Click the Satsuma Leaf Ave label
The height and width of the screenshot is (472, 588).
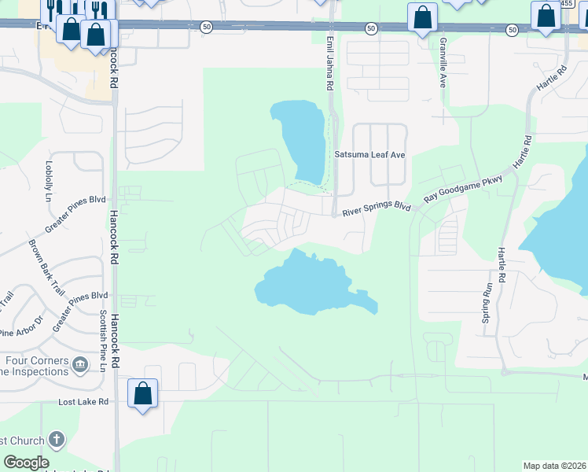pyautogui.click(x=369, y=155)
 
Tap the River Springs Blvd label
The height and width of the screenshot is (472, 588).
pyautogui.click(x=377, y=209)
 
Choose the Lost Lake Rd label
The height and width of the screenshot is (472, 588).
pyautogui.click(x=83, y=402)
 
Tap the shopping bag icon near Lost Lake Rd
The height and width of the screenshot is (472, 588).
pyautogui.click(x=142, y=393)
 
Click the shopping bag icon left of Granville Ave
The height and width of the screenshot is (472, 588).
pyautogui.click(x=422, y=17)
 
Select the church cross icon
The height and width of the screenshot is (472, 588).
pyautogui.click(x=56, y=439)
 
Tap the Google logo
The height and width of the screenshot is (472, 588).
pyautogui.click(x=26, y=463)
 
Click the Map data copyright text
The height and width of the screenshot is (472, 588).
pyautogui.click(x=554, y=466)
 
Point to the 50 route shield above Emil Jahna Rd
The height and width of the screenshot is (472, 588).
pyautogui.click(x=370, y=28)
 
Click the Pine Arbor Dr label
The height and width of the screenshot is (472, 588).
pyautogui.click(x=20, y=332)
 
